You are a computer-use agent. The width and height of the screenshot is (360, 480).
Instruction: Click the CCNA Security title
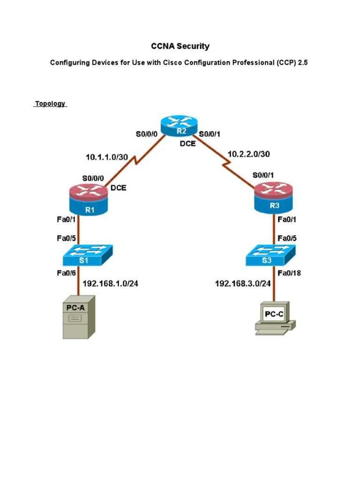click(180, 46)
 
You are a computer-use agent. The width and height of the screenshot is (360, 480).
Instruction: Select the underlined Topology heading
click(50, 104)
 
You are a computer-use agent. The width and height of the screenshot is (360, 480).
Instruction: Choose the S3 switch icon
click(270, 255)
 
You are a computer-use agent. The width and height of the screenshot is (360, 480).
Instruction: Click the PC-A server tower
click(78, 317)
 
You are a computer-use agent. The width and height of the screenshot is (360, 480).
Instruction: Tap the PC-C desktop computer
click(275, 318)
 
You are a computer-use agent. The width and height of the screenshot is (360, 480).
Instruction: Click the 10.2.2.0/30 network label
click(248, 154)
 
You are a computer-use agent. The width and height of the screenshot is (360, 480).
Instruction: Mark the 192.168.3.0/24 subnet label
click(243, 283)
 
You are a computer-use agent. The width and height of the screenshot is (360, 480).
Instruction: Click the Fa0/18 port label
click(290, 272)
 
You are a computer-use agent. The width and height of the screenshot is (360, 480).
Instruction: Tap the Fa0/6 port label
click(67, 272)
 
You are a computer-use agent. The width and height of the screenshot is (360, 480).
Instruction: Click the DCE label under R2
click(188, 144)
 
